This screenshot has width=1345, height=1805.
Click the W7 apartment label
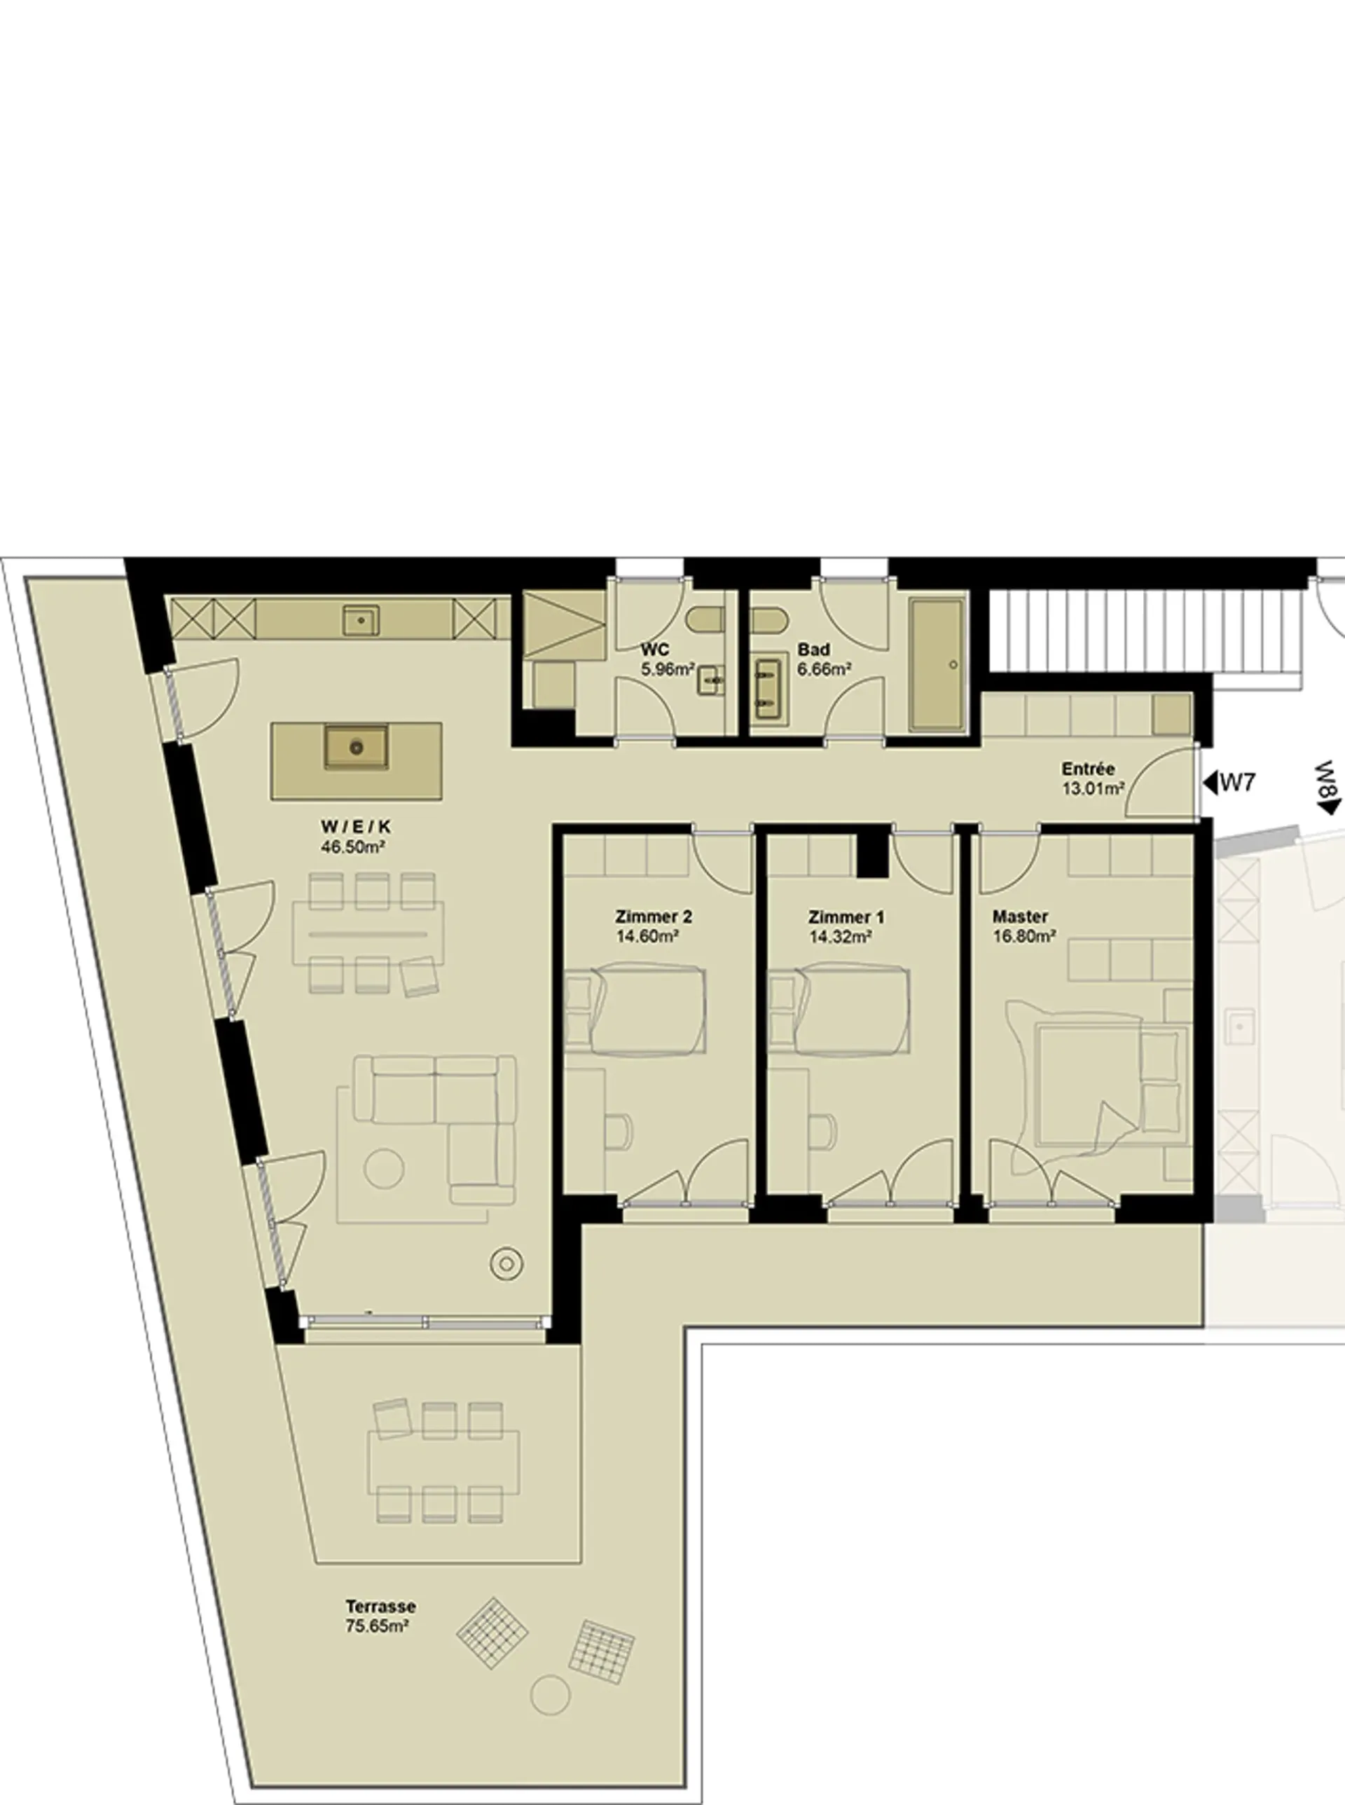1238,783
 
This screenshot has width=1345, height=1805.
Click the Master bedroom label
1020,917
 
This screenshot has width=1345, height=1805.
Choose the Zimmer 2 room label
654,917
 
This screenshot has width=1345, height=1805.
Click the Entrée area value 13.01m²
1094,788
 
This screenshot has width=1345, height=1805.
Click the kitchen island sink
356,746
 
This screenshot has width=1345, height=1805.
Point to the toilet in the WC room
704,622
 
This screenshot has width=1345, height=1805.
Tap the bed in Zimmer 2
637,1010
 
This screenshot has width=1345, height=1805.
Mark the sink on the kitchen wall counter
361,620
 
